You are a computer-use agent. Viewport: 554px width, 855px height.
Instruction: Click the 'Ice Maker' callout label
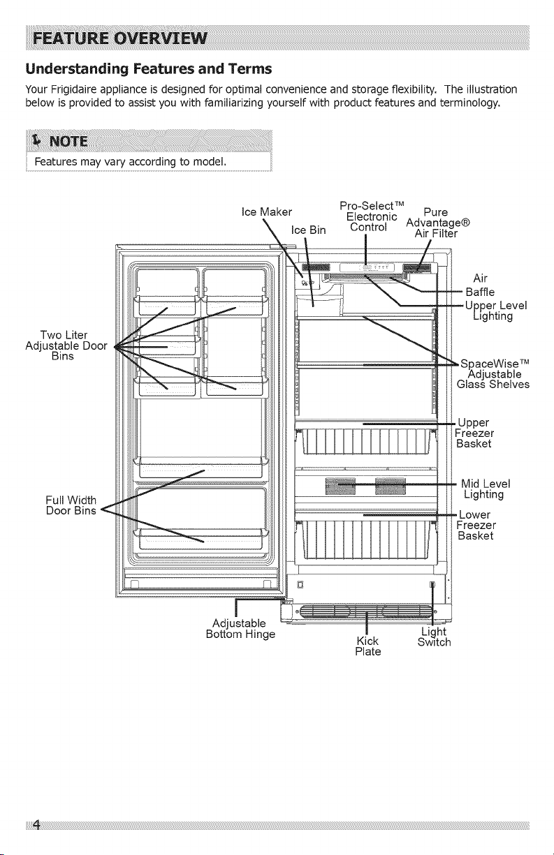267,212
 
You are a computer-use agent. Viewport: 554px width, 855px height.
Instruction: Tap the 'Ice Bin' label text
308,230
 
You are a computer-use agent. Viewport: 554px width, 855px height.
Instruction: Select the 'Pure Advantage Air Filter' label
438,223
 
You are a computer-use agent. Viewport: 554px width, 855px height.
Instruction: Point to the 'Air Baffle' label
480,285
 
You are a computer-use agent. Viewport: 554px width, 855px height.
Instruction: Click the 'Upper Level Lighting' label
496,311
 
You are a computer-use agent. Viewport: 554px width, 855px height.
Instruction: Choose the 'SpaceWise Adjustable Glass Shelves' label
493,373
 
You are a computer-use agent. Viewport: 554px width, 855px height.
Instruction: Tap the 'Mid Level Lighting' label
486,489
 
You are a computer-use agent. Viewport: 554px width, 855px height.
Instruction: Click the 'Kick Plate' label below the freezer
368,646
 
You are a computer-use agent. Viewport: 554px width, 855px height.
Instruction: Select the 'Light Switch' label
434,637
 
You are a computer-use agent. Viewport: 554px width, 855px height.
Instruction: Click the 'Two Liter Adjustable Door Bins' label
66,345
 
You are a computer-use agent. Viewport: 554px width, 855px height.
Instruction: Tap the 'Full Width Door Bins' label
71,505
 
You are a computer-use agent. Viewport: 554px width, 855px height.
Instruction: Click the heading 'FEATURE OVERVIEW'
120,38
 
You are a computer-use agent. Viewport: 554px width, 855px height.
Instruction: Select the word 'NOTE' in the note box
68,142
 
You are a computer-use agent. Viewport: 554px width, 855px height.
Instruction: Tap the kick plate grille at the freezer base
366,611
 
